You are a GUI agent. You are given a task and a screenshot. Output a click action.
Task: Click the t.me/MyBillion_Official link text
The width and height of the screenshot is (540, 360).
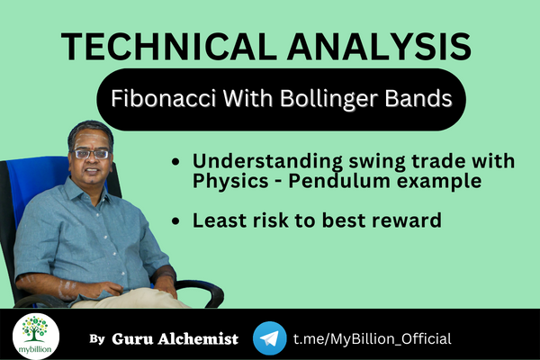click(x=373, y=338)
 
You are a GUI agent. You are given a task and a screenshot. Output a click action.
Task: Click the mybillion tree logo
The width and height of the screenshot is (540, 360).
click(x=36, y=335)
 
